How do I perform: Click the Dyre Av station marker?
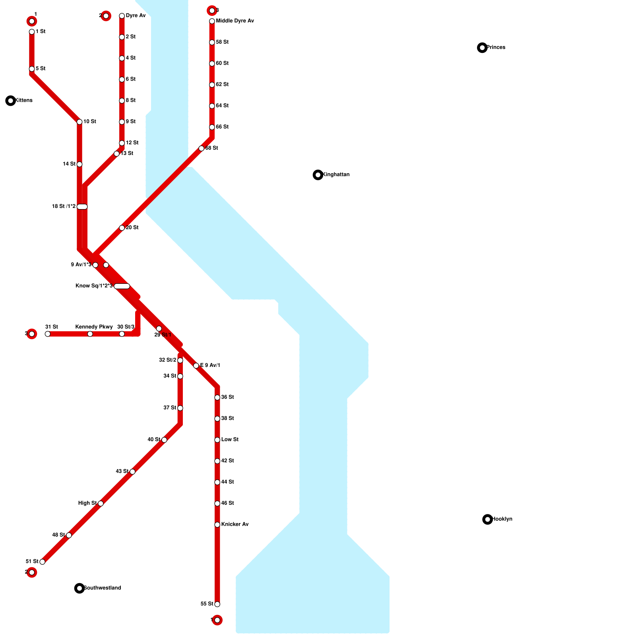122,16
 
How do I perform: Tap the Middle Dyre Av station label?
235,21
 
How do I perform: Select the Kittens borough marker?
11,101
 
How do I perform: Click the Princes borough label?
496,47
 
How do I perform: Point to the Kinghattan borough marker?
318,175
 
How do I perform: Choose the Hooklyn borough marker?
487,519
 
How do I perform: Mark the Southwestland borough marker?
79,588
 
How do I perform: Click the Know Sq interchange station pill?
122,286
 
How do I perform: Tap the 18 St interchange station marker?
82,207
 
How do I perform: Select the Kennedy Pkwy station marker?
90,334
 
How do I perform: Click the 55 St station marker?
217,604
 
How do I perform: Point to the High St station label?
87,503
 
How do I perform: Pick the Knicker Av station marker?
217,525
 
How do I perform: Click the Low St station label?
230,440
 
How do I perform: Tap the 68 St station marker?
202,148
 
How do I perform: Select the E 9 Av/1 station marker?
196,366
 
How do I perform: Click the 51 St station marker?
43,562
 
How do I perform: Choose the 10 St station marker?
79,122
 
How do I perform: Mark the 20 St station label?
132,228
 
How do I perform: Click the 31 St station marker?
48,334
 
